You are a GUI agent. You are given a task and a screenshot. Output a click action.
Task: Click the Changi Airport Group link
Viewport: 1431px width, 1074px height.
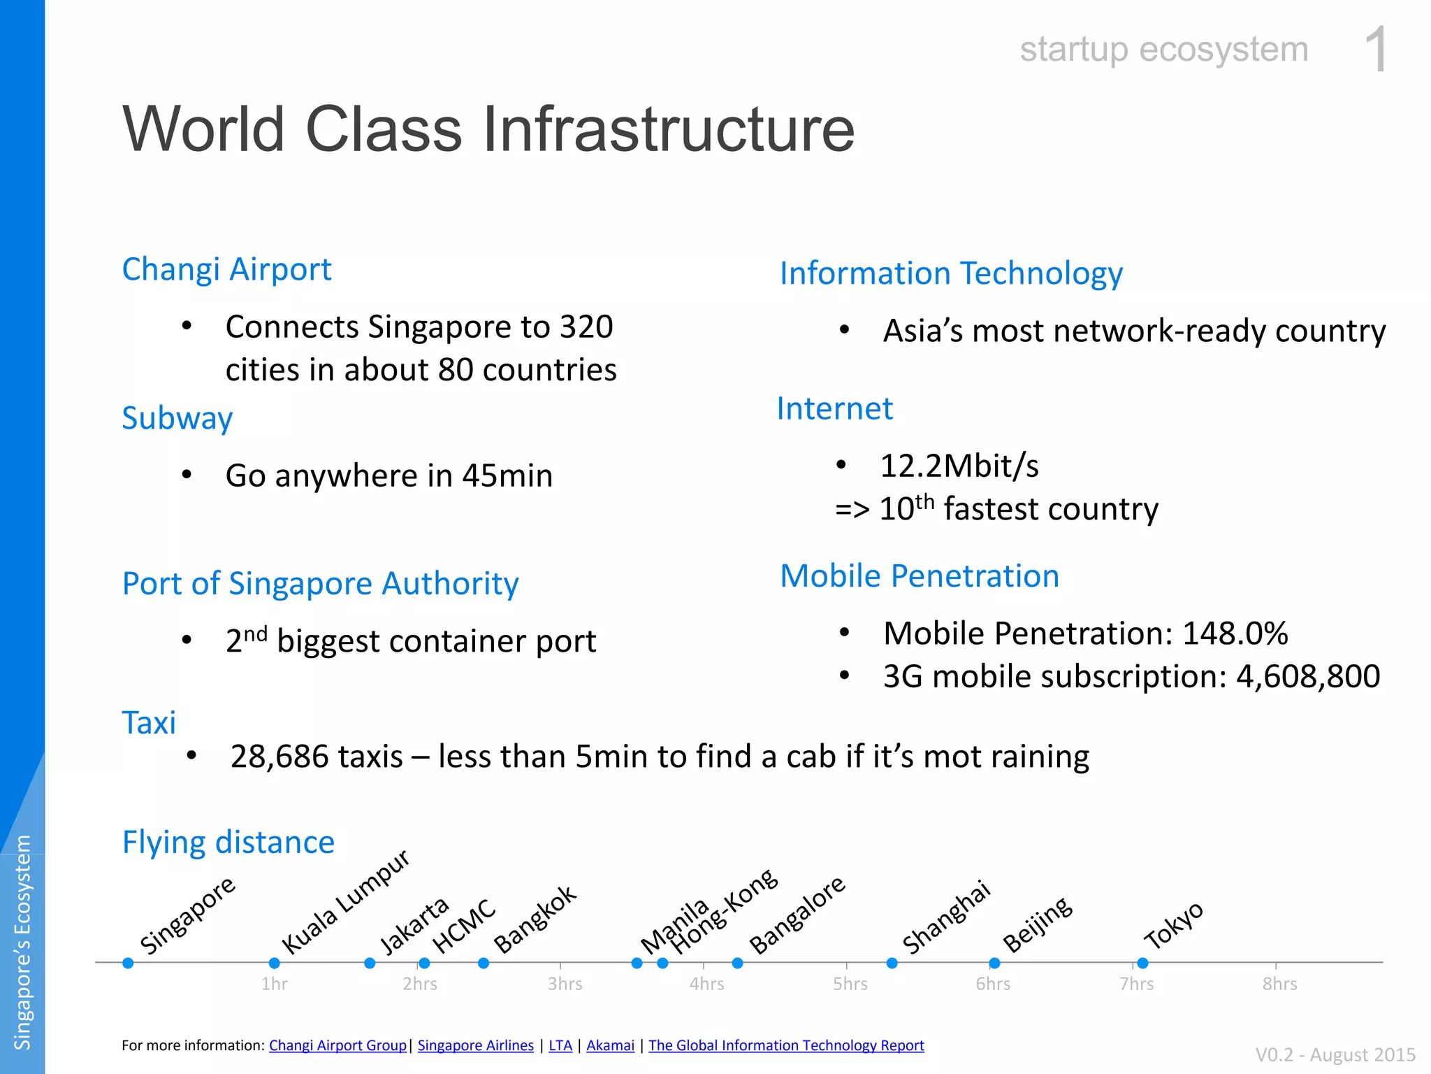(x=337, y=1045)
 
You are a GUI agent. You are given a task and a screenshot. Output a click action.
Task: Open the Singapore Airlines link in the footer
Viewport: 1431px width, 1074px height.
(x=476, y=1045)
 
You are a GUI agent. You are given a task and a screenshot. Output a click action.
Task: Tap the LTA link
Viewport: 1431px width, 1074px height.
(x=560, y=1045)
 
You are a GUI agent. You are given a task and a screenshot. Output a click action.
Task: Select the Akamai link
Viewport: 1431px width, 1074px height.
(x=611, y=1045)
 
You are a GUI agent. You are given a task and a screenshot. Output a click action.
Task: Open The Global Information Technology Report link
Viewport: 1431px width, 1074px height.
(x=786, y=1045)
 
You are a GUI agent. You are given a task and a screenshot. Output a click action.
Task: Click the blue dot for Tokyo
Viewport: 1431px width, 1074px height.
(x=1142, y=963)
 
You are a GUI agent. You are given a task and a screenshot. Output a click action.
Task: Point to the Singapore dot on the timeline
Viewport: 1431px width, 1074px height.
(x=128, y=963)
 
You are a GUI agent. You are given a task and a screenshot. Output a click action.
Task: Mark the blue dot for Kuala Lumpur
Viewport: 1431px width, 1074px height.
(x=275, y=963)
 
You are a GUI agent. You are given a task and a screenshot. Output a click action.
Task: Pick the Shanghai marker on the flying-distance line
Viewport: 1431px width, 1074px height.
(x=892, y=963)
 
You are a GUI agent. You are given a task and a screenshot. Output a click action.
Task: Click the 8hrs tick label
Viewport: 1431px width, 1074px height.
(x=1279, y=984)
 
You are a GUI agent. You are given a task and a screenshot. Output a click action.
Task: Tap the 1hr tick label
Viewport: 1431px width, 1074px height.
(x=275, y=984)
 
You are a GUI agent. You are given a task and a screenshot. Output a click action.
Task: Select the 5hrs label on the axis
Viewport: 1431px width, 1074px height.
(x=850, y=984)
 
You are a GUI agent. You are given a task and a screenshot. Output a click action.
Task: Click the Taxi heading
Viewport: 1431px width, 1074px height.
(x=149, y=723)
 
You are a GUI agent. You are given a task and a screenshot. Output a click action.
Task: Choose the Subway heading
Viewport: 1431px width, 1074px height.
(x=177, y=419)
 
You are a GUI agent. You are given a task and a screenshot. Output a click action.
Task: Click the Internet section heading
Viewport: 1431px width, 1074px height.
(x=835, y=408)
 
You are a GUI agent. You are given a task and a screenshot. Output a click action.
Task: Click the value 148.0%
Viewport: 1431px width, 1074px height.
(x=1235, y=633)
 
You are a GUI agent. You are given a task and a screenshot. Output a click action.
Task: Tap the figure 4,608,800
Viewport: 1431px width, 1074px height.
(x=1309, y=677)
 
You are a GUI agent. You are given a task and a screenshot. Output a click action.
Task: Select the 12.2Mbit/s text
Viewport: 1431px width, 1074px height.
(x=959, y=466)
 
